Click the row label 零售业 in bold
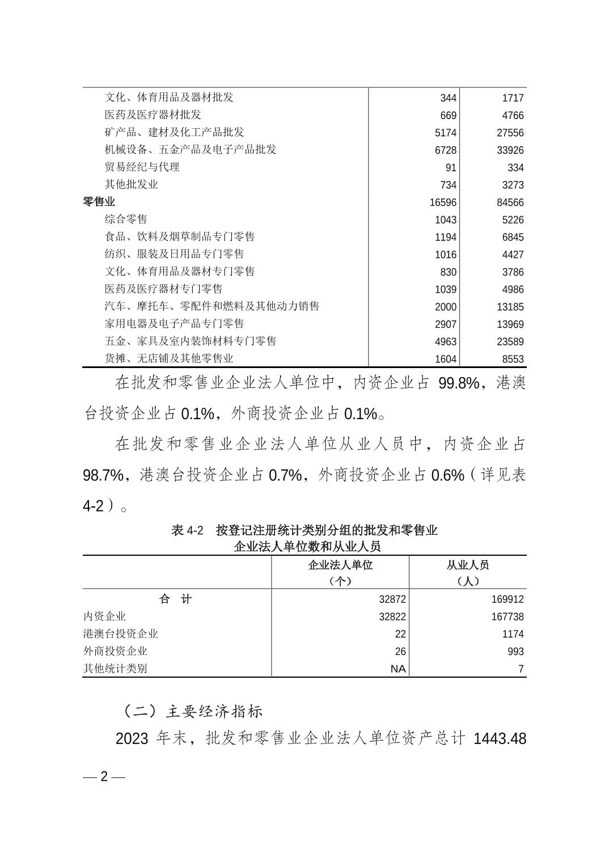99,202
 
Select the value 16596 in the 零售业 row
443,202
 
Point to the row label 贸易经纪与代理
142,167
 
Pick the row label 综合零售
126,219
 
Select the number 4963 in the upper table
445,342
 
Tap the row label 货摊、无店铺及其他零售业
169,358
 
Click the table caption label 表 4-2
187,531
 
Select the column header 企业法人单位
340,565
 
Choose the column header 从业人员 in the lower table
468,565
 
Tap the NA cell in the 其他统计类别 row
398,669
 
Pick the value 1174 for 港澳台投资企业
511,634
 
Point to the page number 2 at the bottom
104,776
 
